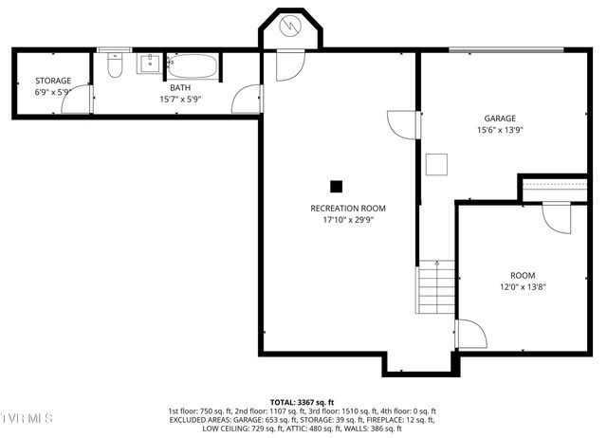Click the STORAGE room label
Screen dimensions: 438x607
[53, 81]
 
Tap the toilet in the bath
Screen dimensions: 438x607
[115, 65]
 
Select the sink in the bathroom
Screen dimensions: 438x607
[150, 64]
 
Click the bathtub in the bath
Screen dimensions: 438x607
[193, 66]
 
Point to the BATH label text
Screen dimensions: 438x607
[179, 87]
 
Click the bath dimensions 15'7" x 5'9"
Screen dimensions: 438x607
[179, 99]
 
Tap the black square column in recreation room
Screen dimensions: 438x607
[336, 187]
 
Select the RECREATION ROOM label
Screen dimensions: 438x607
[348, 208]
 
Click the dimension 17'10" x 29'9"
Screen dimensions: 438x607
[348, 219]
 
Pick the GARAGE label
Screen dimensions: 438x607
[499, 119]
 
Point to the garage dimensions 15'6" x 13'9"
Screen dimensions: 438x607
[499, 130]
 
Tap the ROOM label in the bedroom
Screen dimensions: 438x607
[523, 275]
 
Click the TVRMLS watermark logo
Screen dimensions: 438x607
[27, 418]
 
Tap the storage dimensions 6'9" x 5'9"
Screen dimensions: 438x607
[53, 92]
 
